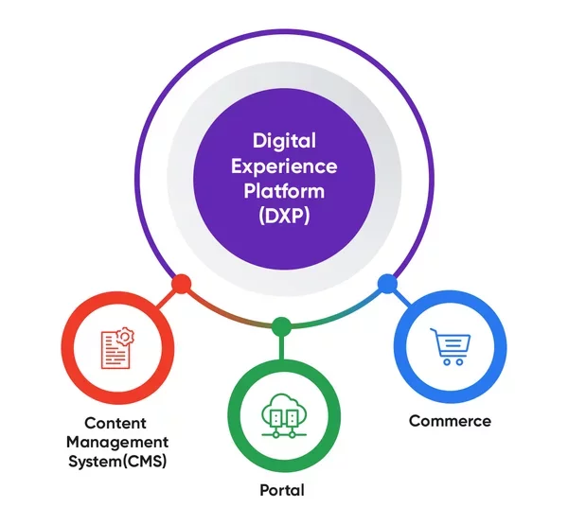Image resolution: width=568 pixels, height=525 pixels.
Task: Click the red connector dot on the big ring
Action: pos(181,284)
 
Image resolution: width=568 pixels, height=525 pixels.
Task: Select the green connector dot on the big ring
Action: pos(281,327)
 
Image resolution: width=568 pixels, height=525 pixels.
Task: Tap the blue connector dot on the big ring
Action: pos(386,283)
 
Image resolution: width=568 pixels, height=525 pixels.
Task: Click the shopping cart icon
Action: pos(448,346)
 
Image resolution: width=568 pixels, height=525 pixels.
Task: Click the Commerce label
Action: pos(450,420)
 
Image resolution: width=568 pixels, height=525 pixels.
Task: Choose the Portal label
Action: pos(281,490)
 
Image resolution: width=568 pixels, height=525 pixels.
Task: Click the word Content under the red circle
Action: pos(115,424)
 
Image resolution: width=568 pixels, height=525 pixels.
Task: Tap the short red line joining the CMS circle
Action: pos(167,297)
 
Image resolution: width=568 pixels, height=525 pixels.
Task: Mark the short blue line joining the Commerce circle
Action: pos(399,296)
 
